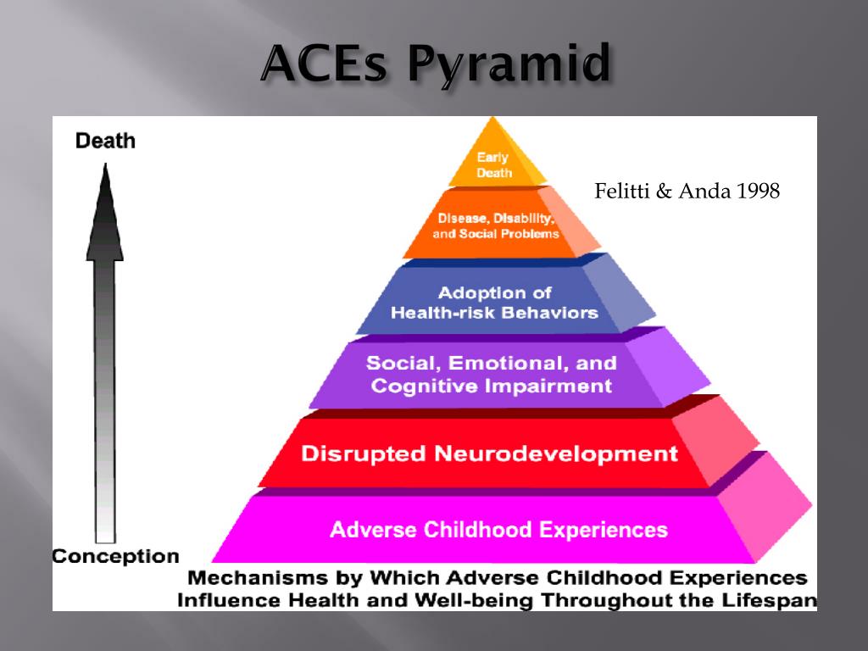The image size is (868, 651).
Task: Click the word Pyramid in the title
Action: click(509, 64)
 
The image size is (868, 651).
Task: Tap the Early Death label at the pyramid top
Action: click(494, 165)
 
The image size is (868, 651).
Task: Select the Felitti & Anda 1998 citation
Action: click(687, 191)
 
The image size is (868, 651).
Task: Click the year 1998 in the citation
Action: click(757, 191)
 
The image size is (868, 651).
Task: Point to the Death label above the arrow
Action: click(105, 141)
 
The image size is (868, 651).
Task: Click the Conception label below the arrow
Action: click(115, 556)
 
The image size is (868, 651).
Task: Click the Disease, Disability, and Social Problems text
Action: click(495, 225)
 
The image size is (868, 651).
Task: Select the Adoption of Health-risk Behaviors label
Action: click(494, 303)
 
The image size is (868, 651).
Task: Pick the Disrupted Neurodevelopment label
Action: click(489, 454)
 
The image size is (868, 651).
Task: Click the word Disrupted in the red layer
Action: click(363, 454)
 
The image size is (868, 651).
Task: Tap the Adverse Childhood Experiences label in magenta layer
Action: click(498, 530)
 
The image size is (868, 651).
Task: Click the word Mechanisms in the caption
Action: click(258, 578)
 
